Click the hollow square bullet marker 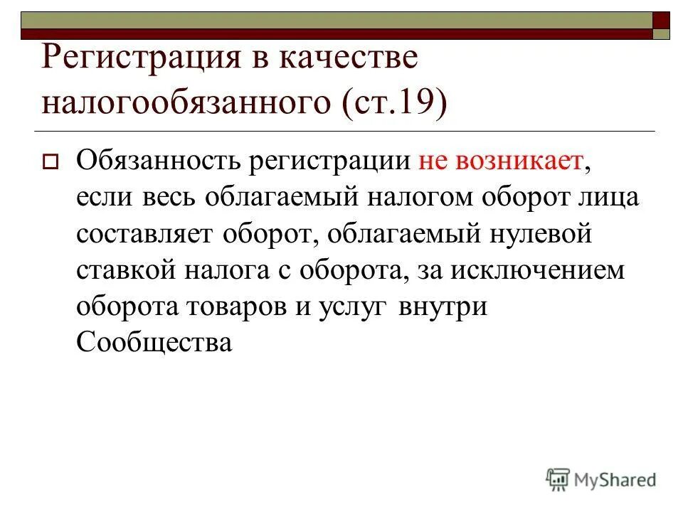(50, 161)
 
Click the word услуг (356, 308)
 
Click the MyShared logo (601, 479)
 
